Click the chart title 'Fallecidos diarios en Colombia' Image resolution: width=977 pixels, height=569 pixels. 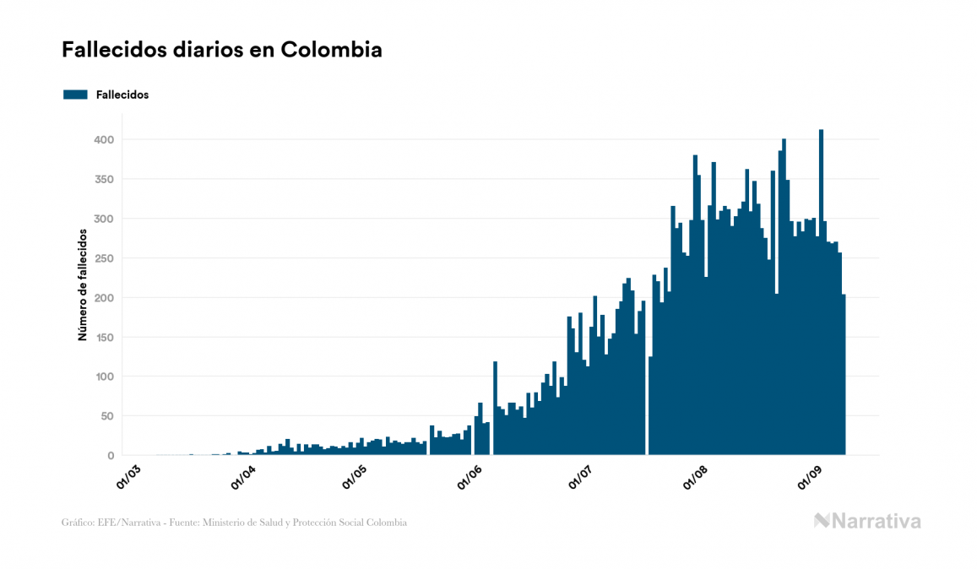221,50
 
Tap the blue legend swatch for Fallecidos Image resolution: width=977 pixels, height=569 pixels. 75,95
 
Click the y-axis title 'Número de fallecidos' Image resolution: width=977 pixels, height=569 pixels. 83,284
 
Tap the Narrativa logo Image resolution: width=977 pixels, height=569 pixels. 867,521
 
